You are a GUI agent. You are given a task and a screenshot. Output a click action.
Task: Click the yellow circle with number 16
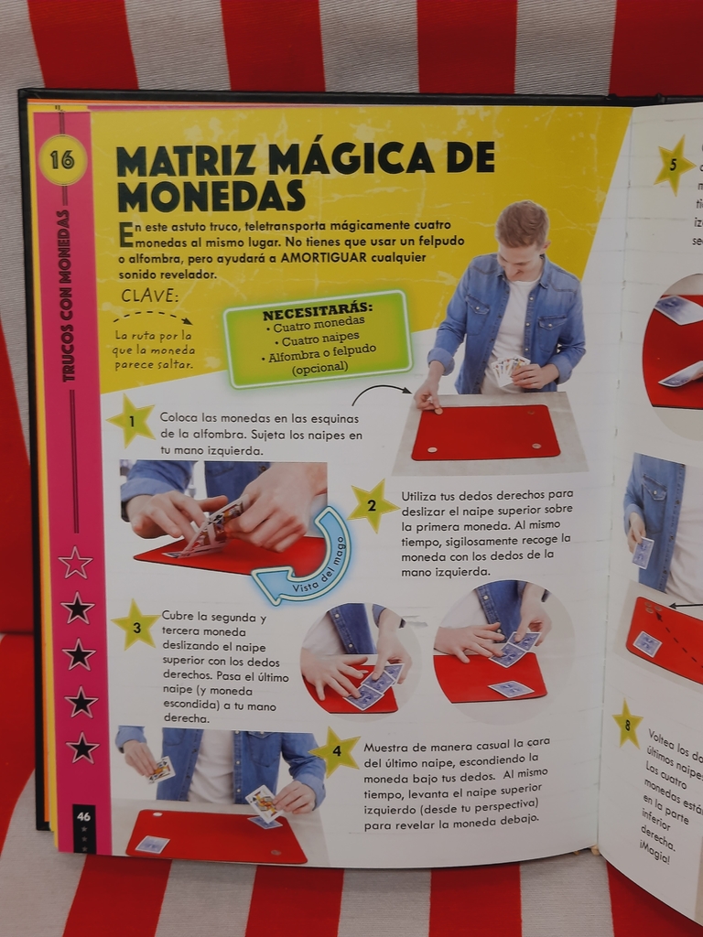click(62, 160)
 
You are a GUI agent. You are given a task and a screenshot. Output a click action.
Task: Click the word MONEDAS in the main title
click(211, 196)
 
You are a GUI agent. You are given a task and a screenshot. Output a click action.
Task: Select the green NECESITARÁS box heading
click(318, 306)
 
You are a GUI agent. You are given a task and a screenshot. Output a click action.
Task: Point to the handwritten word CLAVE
click(151, 296)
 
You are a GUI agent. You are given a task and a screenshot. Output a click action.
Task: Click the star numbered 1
click(131, 421)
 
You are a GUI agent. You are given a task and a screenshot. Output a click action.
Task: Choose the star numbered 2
click(373, 506)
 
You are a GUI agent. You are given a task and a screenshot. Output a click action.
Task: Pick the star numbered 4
click(336, 751)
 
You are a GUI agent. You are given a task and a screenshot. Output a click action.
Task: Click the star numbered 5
click(674, 165)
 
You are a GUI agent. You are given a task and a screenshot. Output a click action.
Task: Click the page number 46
click(83, 815)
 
